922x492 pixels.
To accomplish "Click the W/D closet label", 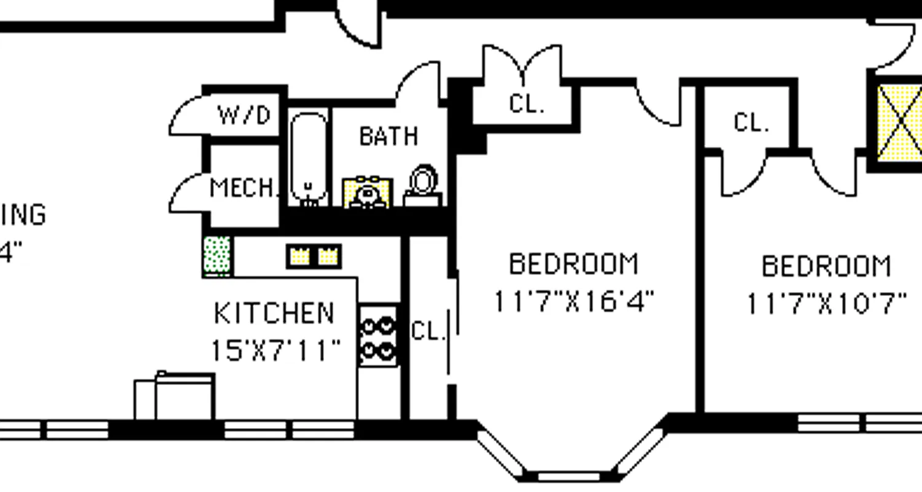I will click(x=244, y=115).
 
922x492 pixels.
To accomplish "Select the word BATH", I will click(x=388, y=136).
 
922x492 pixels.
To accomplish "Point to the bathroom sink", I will click(x=368, y=193).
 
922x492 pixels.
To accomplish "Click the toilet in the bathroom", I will click(x=423, y=184).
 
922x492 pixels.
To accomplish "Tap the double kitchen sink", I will click(x=313, y=256).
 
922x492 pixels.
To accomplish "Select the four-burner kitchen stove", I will click(x=377, y=336).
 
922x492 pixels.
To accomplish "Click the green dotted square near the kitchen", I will click(x=216, y=256).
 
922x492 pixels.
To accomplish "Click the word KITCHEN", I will click(x=274, y=314).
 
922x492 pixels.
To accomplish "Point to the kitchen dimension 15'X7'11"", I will click(x=275, y=351).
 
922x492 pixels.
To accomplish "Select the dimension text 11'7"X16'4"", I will click(x=574, y=302).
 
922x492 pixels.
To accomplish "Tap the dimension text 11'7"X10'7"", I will click(x=826, y=304).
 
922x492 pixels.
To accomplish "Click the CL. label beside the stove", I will click(x=427, y=331).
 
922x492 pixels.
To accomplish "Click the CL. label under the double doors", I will click(x=527, y=104).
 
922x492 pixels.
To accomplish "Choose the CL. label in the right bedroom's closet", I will click(x=751, y=123).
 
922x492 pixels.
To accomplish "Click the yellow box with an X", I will click(x=899, y=123).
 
